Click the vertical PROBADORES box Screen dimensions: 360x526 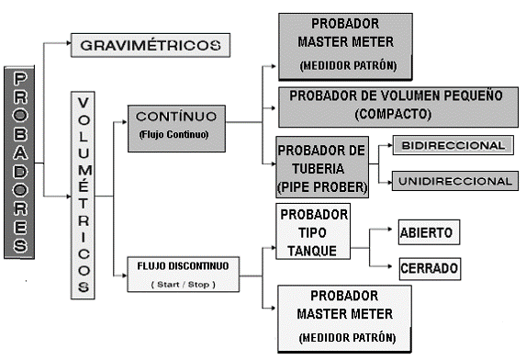pos(20,160)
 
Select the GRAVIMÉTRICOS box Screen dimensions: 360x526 pos(151,44)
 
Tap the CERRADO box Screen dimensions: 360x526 pos(427,269)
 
